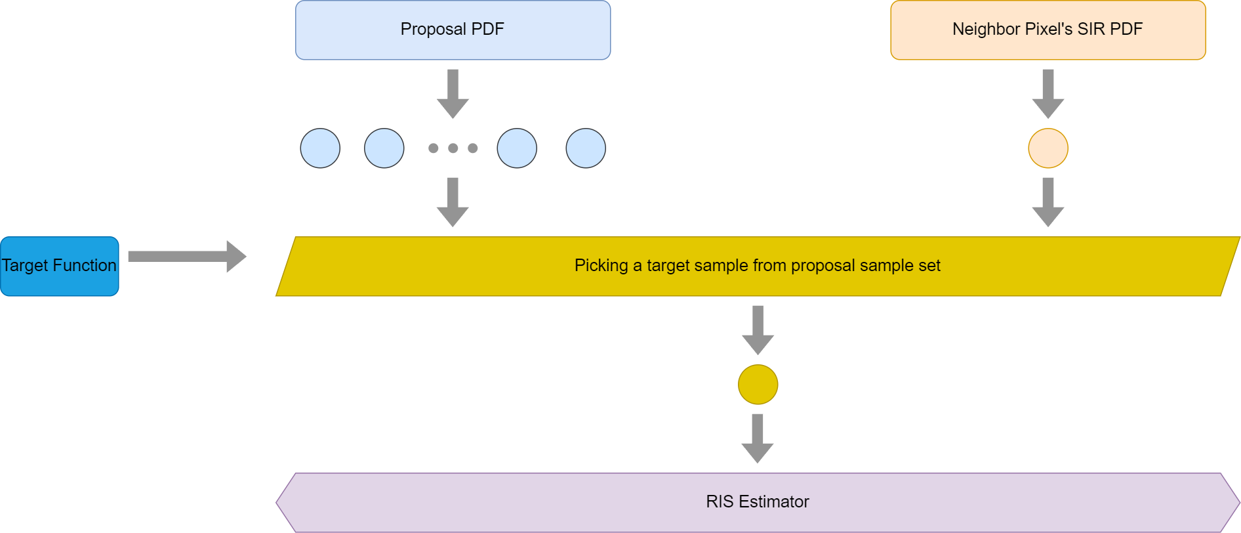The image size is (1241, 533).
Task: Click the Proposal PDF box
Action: pos(453,30)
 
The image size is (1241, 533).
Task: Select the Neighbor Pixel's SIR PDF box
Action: pos(1048,30)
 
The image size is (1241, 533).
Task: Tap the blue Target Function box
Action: pos(60,266)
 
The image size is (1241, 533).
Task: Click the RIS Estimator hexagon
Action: pos(758,502)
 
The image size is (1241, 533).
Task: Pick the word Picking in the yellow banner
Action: pos(601,266)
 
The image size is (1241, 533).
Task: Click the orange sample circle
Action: pos(1048,148)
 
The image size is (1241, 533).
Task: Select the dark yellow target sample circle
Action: pos(758,385)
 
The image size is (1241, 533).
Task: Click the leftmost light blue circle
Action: pos(320,148)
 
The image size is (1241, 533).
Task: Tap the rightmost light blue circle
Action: pos(586,148)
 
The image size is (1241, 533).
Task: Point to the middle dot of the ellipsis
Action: pos(453,148)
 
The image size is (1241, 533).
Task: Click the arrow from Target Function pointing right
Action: pos(187,256)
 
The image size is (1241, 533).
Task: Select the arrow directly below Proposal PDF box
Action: pos(453,94)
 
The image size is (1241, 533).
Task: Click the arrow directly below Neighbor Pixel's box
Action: pos(1048,94)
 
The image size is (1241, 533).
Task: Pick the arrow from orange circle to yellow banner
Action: pos(1048,202)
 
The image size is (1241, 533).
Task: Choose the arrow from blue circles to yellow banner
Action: pos(453,202)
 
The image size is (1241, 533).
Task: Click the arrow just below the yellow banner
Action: pos(758,330)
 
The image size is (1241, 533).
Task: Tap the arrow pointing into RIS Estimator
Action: pos(758,438)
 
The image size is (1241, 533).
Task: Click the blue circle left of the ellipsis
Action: pos(384,148)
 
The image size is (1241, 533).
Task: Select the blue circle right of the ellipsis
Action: pos(517,148)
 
